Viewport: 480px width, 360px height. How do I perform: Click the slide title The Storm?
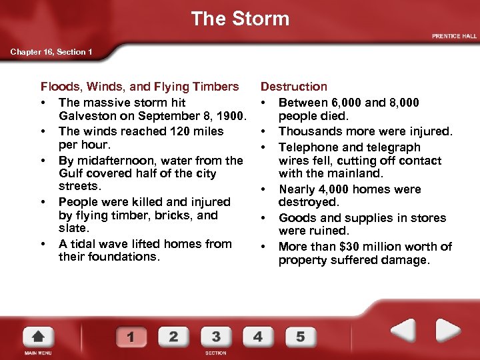tap(240, 19)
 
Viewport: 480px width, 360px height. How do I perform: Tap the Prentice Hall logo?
tap(454, 36)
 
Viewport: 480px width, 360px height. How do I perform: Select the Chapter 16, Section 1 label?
tap(51, 52)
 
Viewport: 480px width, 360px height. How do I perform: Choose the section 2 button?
tap(173, 336)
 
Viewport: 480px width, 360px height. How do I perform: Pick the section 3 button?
tap(215, 336)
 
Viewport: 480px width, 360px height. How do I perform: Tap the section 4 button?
tap(258, 336)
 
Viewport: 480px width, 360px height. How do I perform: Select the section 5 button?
tap(300, 336)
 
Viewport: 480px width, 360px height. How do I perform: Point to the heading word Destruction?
tap(294, 87)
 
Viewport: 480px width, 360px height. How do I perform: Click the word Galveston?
tap(87, 117)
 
